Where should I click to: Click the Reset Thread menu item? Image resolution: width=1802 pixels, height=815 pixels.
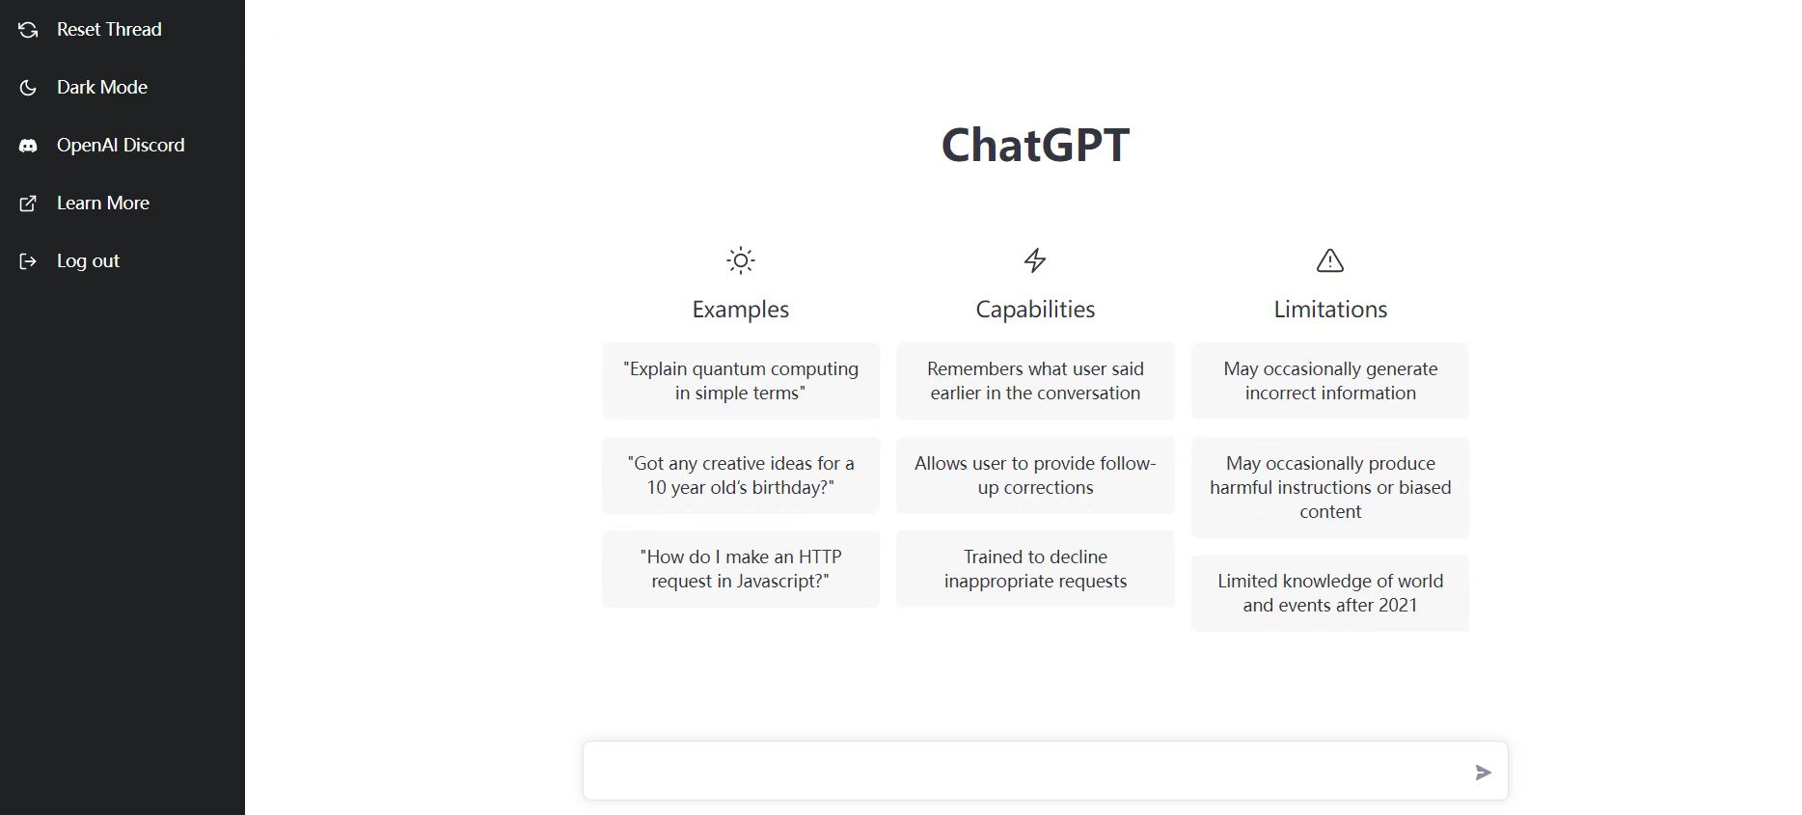coord(109,30)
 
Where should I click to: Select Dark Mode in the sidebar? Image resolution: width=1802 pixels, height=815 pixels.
coord(102,88)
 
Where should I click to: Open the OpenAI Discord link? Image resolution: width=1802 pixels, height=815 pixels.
coord(121,146)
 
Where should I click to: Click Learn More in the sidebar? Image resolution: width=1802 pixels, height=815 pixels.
coord(103,204)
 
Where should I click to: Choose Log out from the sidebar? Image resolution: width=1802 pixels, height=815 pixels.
coord(88,261)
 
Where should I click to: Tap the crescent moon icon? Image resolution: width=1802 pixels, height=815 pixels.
coord(28,88)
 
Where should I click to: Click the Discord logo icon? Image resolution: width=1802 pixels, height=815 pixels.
coord(28,146)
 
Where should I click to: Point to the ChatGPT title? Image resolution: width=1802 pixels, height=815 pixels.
coord(1035,146)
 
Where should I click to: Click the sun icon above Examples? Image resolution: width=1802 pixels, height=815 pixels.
coord(741,260)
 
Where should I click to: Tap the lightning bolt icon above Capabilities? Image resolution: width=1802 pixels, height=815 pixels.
coord(1035,260)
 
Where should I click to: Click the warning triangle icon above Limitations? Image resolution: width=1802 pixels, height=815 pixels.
coord(1330,260)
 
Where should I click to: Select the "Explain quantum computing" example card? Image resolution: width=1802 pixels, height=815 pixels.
coord(741,381)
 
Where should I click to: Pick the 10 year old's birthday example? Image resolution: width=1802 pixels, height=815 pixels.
coord(741,475)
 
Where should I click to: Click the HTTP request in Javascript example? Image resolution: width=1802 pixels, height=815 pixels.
coord(741,569)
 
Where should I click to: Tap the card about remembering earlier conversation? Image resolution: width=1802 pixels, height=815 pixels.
coord(1035,381)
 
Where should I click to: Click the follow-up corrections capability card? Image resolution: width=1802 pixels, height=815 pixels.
coord(1035,475)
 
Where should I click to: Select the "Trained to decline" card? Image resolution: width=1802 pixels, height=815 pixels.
coord(1035,569)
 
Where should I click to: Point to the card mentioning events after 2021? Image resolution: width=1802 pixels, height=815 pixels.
coord(1330,593)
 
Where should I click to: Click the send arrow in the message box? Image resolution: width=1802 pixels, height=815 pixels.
coord(1484,773)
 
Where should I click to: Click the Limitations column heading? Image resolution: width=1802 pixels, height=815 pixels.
coord(1330,310)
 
